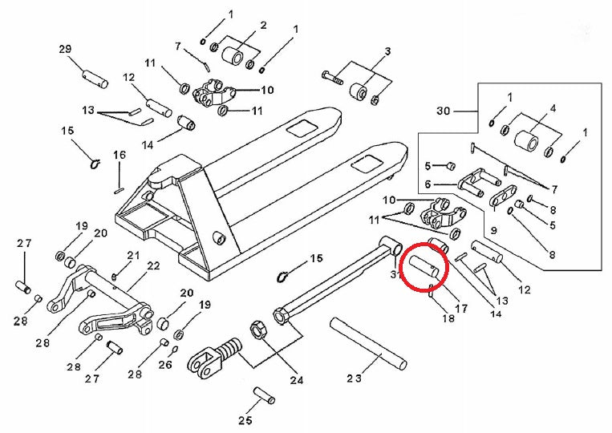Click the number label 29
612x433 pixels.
coord(65,50)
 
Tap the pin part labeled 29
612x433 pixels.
coord(94,79)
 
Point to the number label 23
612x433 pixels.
coord(355,377)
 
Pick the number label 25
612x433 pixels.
coord(245,420)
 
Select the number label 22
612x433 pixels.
coord(153,265)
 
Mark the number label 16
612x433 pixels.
coord(119,155)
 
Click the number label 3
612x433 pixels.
coord(387,52)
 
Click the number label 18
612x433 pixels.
coord(448,318)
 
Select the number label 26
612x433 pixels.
coord(165,365)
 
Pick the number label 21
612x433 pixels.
coord(133,256)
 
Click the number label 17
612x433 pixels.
coord(461,307)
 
